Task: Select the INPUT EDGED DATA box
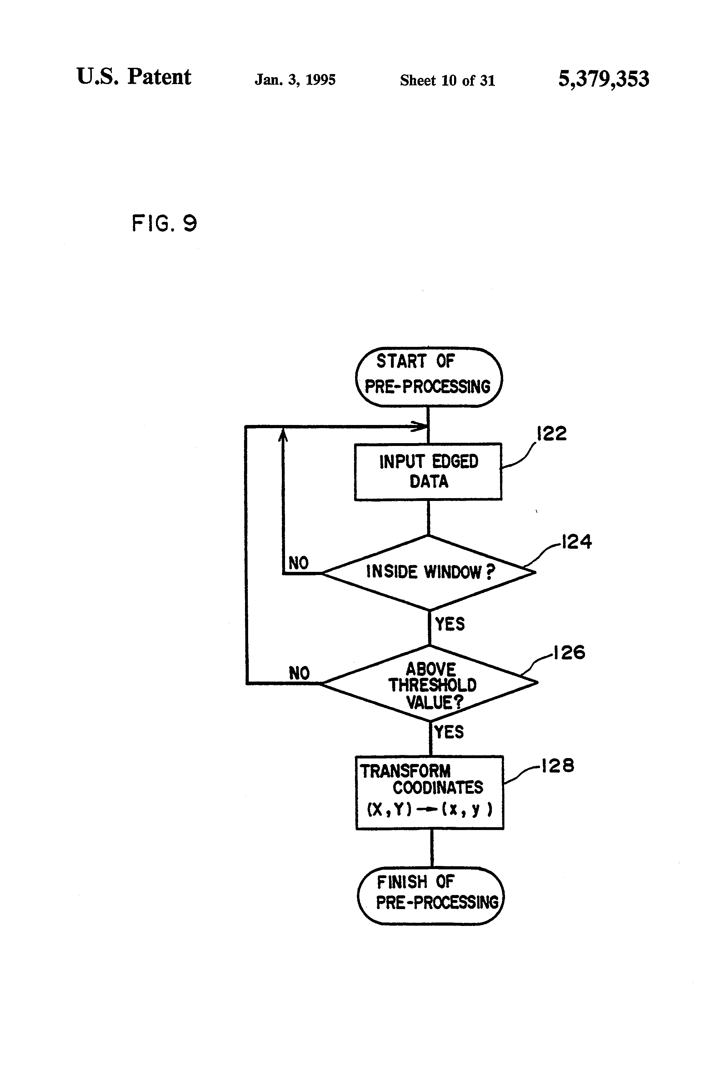click(x=428, y=472)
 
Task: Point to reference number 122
click(x=552, y=433)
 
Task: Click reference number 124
click(x=577, y=542)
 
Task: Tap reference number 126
click(x=569, y=652)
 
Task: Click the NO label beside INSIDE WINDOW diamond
click(x=298, y=563)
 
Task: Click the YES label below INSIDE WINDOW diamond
click(x=450, y=624)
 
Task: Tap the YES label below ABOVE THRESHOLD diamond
click(x=449, y=732)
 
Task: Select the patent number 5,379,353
click(x=603, y=79)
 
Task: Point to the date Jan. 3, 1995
click(x=295, y=80)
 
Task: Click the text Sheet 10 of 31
click(x=447, y=81)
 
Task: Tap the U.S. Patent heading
click(x=134, y=77)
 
